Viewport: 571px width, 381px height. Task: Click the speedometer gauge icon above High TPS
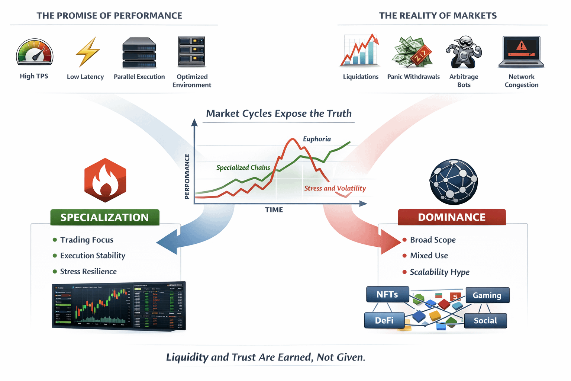pos(35,52)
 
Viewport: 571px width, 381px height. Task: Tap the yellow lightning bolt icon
pos(87,52)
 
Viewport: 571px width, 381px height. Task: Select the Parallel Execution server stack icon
pos(139,52)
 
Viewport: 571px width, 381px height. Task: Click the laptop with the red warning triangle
pos(521,52)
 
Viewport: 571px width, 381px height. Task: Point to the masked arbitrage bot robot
pos(464,52)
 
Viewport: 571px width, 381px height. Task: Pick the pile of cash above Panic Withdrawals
pos(412,52)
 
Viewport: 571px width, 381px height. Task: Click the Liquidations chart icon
pos(360,51)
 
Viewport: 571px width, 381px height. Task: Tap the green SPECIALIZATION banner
pos(105,217)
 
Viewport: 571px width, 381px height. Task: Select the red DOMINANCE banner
pos(452,217)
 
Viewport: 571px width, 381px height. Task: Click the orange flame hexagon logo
pos(105,180)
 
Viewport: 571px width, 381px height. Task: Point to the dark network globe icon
pos(454,182)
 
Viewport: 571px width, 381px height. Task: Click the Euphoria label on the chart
pos(317,139)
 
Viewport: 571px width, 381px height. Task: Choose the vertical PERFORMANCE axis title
pos(187,176)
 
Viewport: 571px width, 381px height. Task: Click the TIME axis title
pos(274,210)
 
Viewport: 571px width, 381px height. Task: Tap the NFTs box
pos(387,295)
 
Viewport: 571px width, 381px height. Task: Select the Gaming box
pos(487,295)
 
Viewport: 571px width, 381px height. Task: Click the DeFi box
pos(384,320)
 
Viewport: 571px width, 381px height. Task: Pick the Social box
pos(485,321)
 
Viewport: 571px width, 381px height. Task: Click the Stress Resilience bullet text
pos(88,272)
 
